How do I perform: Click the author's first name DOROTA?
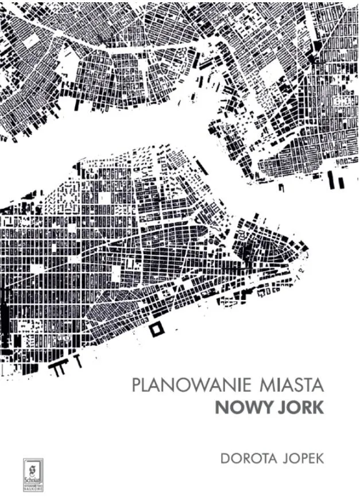tap(250, 460)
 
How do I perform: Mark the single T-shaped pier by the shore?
tap(77, 361)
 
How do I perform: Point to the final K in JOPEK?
tap(320, 460)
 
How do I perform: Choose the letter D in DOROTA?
tap(226, 460)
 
